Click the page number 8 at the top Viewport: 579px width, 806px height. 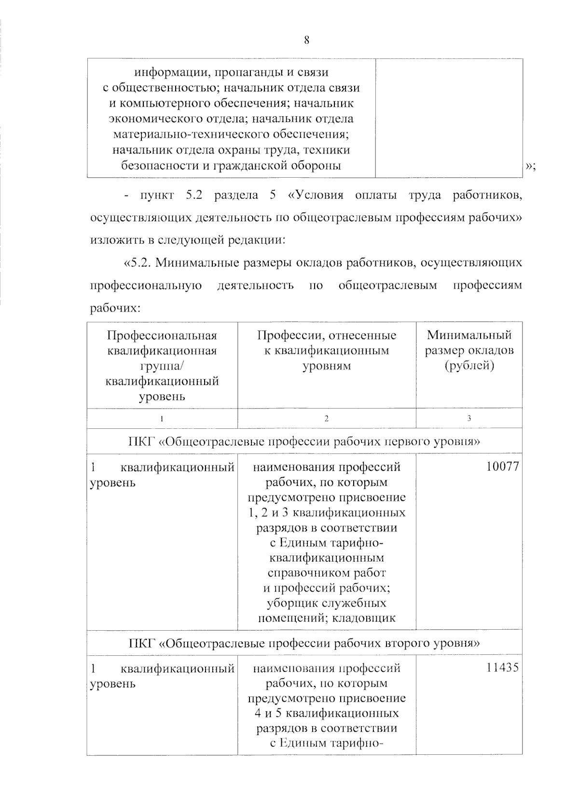pos(306,41)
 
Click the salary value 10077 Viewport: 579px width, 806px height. pos(503,467)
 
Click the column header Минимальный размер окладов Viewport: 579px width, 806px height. pos(469,350)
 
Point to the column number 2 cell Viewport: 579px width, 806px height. pos(327,419)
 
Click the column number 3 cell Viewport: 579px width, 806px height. pos(469,419)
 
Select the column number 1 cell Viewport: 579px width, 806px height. pos(162,419)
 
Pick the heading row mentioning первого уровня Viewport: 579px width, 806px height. pos(304,441)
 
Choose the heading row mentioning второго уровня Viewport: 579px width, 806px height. pos(304,643)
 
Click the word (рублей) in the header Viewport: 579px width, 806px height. pos(469,366)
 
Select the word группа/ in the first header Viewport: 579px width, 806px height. pos(162,366)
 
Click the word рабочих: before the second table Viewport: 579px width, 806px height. pos(115,308)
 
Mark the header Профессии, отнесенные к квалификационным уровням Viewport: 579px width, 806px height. pos(327,350)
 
